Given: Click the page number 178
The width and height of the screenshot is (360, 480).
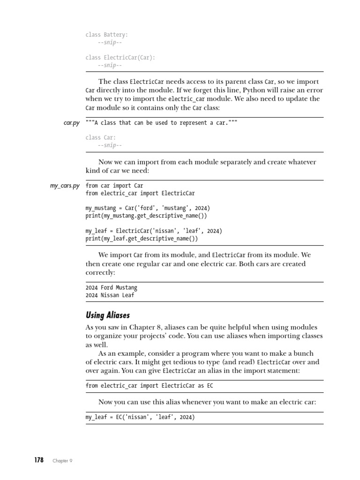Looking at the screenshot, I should pos(38,460).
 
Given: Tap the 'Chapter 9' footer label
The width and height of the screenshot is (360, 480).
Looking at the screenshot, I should pos(62,460).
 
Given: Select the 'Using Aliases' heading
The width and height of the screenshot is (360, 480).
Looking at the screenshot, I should pos(108,315).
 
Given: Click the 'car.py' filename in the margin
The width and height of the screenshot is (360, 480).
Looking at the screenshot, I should pos(71,123).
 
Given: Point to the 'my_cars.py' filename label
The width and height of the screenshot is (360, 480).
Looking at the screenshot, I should pos(65,186).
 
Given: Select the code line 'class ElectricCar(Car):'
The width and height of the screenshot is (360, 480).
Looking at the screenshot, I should pos(120,58).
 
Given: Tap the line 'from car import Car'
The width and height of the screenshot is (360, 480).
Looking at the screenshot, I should pos(114,186).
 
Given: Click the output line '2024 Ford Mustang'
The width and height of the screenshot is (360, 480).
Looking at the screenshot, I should pos(112,287).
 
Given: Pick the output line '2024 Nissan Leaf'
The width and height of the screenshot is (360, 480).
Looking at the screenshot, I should pos(110,295).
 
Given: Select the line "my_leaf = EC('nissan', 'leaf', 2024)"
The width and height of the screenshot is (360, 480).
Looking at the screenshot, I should pos(140,417).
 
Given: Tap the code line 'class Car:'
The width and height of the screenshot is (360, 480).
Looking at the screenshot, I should pos(100,137).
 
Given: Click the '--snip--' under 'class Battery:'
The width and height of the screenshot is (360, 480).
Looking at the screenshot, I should pos(110,43).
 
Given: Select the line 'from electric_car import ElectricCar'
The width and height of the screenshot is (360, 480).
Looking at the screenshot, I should pos(140,193).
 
